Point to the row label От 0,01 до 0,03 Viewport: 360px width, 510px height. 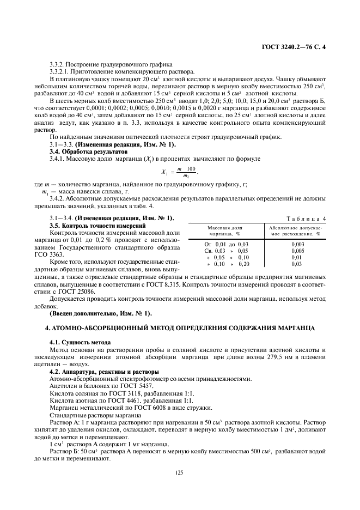(225, 244)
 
